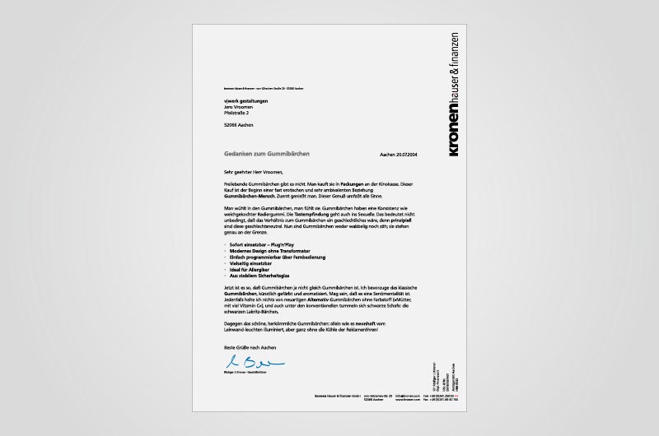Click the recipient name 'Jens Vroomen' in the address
(236, 107)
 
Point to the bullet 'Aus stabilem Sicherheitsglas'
(259, 275)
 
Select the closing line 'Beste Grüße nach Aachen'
(247, 350)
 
